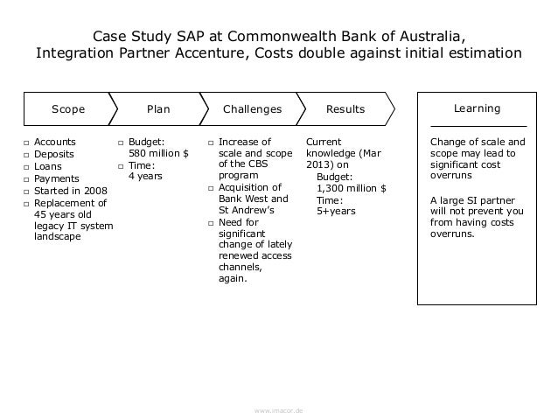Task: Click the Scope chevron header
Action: pyautogui.click(x=68, y=109)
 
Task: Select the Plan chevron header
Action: pyautogui.click(x=157, y=109)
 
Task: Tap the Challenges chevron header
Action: pyautogui.click(x=252, y=109)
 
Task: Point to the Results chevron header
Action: pyautogui.click(x=345, y=109)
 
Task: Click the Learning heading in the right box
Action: pyautogui.click(x=478, y=108)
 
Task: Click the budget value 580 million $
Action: pyautogui.click(x=158, y=153)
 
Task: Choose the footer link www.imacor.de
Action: pyautogui.click(x=278, y=409)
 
